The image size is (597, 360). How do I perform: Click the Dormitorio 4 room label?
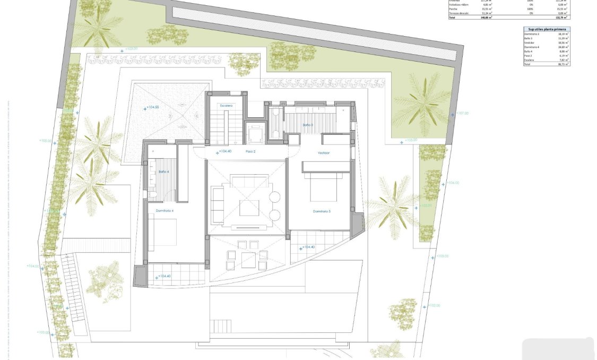tap(165, 211)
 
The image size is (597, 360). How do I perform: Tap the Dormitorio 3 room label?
tap(322, 211)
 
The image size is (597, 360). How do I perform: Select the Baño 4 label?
tap(163, 172)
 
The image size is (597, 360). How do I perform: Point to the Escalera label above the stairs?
tap(227, 106)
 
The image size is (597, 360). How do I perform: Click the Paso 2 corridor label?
tap(250, 151)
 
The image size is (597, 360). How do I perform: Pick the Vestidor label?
tap(324, 152)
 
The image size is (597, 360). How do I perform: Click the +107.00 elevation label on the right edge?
tap(462, 113)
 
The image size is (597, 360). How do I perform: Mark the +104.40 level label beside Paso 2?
tap(224, 152)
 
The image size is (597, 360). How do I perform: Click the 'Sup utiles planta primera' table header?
tap(546, 29)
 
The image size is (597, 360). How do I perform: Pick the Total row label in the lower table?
tap(527, 64)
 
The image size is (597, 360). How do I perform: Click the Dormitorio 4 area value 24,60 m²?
tap(563, 47)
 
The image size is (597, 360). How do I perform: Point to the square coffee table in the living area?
tap(248, 207)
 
